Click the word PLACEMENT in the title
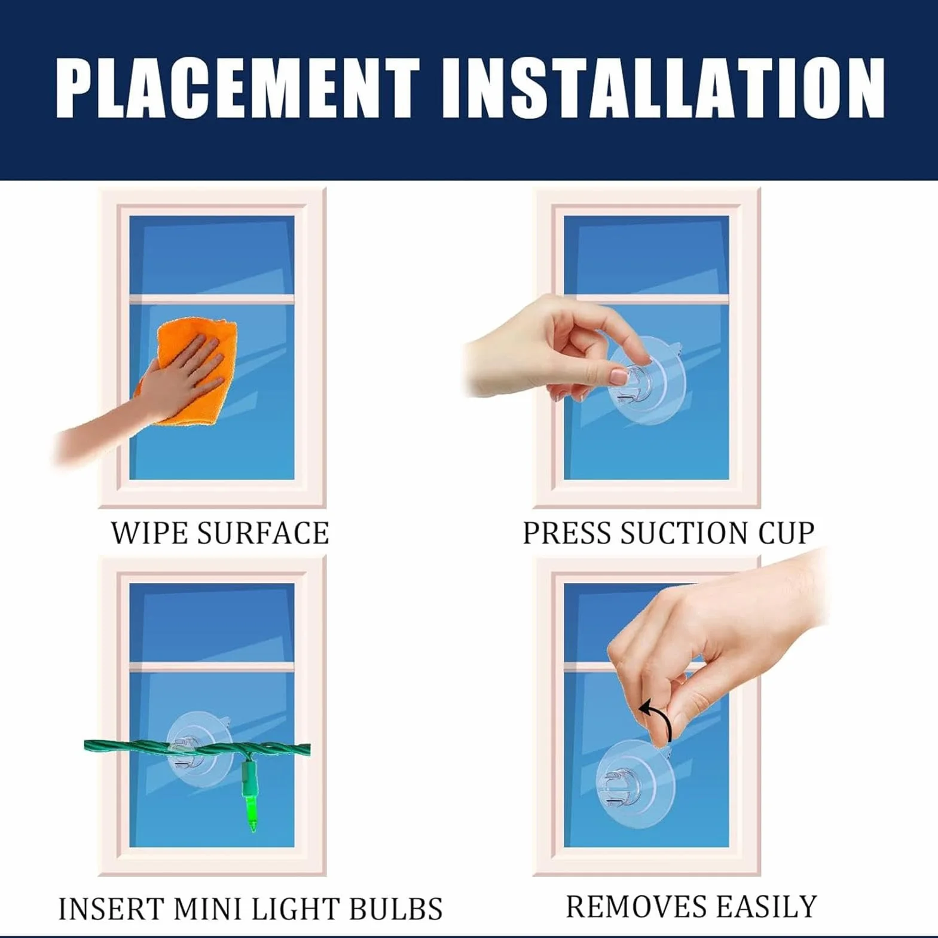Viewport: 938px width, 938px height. coord(238,88)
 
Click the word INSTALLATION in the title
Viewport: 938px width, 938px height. coord(664,88)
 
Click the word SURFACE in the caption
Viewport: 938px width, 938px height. coord(263,533)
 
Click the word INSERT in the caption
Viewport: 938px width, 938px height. coord(112,909)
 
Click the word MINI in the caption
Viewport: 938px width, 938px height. coord(207,909)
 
